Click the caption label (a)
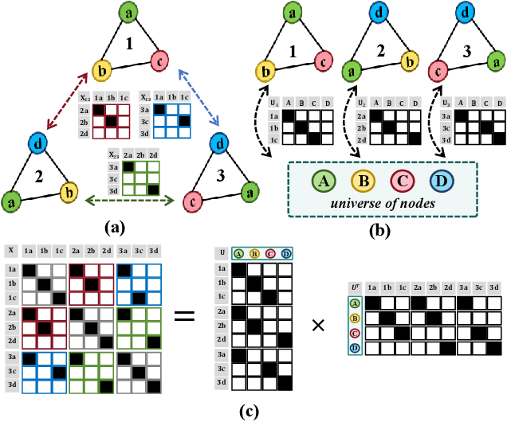click(118, 226)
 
